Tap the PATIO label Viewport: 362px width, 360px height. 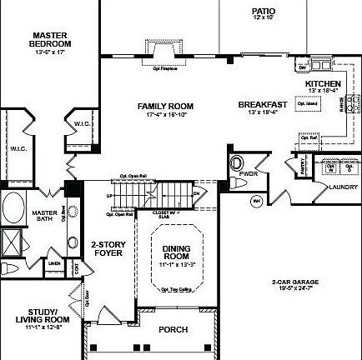coord(264,12)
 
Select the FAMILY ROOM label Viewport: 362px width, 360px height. coord(165,106)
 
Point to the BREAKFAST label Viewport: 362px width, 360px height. coord(263,104)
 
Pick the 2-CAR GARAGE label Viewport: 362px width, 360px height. coord(293,282)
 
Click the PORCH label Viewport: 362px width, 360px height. coord(173,329)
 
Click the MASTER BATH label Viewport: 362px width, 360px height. coord(45,216)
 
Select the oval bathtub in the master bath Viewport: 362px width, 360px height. coord(13,207)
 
